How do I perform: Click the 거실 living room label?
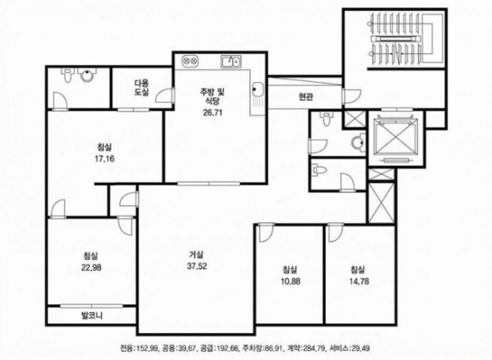coord(197,254)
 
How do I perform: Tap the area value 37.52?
coord(197,266)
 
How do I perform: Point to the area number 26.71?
coord(213,112)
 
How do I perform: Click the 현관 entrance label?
coord(305,97)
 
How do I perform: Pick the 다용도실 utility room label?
coord(142,88)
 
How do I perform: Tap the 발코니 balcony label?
coord(92,315)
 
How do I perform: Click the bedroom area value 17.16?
coord(104,158)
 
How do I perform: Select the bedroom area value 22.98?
coord(92,267)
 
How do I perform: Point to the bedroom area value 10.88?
coord(291,281)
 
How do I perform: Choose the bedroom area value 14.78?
coord(359,281)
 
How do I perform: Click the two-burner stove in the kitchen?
coord(190,59)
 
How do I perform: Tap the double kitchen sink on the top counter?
coord(230,61)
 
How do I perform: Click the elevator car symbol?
coord(397,138)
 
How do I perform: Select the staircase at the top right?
coord(402,40)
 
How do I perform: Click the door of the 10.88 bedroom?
coord(266,232)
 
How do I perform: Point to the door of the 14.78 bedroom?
coord(335,232)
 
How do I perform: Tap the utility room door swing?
coord(165,94)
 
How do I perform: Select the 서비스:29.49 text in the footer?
coord(350,348)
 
